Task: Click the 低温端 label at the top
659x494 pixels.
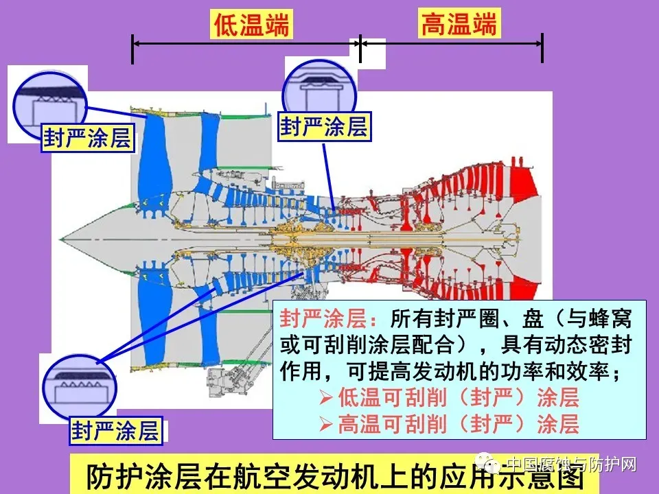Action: [x=252, y=25]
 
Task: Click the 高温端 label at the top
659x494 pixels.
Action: [x=458, y=25]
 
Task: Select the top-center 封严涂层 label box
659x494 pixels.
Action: [x=324, y=126]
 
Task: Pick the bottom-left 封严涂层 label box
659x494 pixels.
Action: [x=115, y=430]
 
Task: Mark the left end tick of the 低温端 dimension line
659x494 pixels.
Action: [x=132, y=47]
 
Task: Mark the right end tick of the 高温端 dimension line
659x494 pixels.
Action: [x=542, y=47]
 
